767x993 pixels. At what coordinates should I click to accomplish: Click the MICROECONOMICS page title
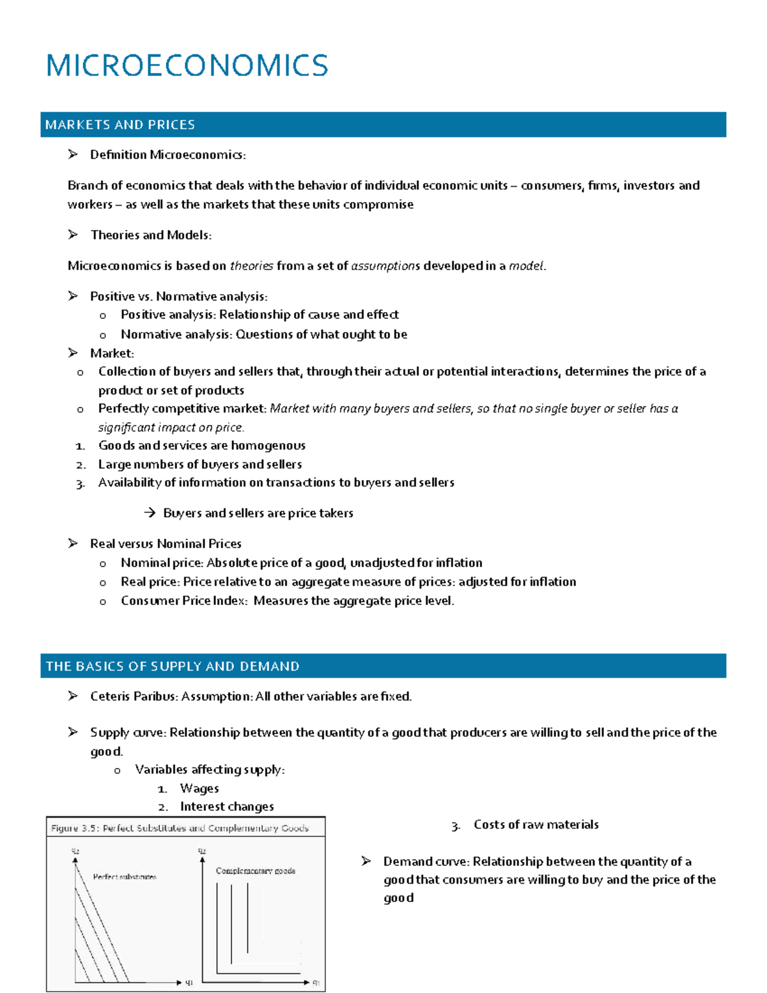click(x=187, y=66)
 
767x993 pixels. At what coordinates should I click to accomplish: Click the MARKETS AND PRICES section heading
click(x=120, y=125)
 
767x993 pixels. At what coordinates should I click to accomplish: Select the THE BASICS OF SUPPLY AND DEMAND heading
click(x=173, y=666)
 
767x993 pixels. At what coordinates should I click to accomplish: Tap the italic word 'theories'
click(x=251, y=266)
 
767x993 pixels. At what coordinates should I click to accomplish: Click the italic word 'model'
click(x=526, y=266)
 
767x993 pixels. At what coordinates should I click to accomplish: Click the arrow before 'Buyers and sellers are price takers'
click(x=150, y=513)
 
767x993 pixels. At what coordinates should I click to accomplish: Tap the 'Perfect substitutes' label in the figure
click(x=125, y=877)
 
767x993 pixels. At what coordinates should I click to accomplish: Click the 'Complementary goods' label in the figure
click(x=255, y=871)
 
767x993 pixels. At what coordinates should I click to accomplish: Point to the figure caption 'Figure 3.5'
click(x=74, y=828)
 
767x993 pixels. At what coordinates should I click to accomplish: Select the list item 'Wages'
click(x=199, y=788)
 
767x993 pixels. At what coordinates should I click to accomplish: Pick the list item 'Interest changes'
click(x=226, y=807)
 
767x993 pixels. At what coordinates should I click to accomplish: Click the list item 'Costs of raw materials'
click(x=536, y=825)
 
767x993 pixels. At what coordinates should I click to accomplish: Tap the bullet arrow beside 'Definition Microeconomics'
click(x=73, y=154)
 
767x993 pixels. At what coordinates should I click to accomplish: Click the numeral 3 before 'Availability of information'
click(x=80, y=484)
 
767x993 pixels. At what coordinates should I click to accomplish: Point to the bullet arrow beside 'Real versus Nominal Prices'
click(x=73, y=543)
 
